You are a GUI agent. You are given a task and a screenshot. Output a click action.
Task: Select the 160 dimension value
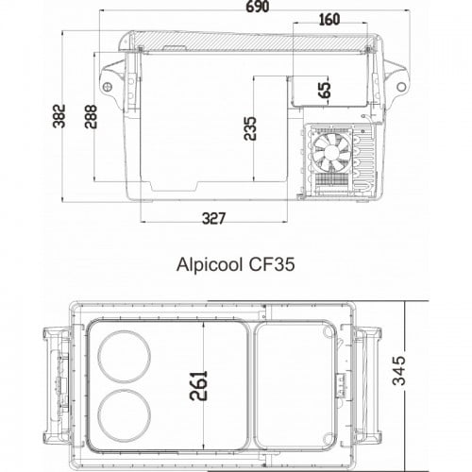(x=329, y=20)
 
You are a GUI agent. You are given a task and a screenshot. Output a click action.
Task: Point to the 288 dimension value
(x=92, y=115)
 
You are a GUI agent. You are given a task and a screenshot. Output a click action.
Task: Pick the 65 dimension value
(x=324, y=91)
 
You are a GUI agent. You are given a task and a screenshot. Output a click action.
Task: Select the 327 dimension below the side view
(x=214, y=219)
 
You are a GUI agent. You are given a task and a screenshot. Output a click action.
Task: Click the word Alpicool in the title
(x=209, y=265)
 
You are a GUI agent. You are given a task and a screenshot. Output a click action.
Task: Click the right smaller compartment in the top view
(x=295, y=378)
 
